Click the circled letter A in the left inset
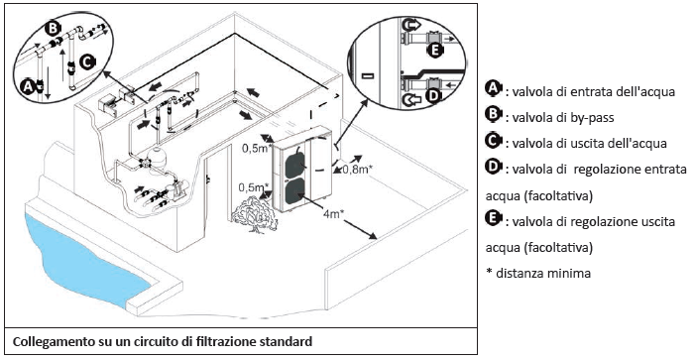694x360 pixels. (x=29, y=86)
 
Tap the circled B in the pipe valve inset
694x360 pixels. (x=53, y=29)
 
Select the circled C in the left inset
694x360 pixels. (x=86, y=62)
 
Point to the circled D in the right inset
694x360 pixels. (x=433, y=95)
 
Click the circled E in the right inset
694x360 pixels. (x=434, y=51)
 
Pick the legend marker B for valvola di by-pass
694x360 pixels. (x=493, y=115)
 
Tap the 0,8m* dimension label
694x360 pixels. (x=359, y=170)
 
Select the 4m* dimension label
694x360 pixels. (x=334, y=215)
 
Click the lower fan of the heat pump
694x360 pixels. (x=293, y=193)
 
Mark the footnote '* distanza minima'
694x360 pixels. (x=538, y=273)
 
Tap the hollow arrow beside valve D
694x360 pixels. (x=411, y=101)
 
